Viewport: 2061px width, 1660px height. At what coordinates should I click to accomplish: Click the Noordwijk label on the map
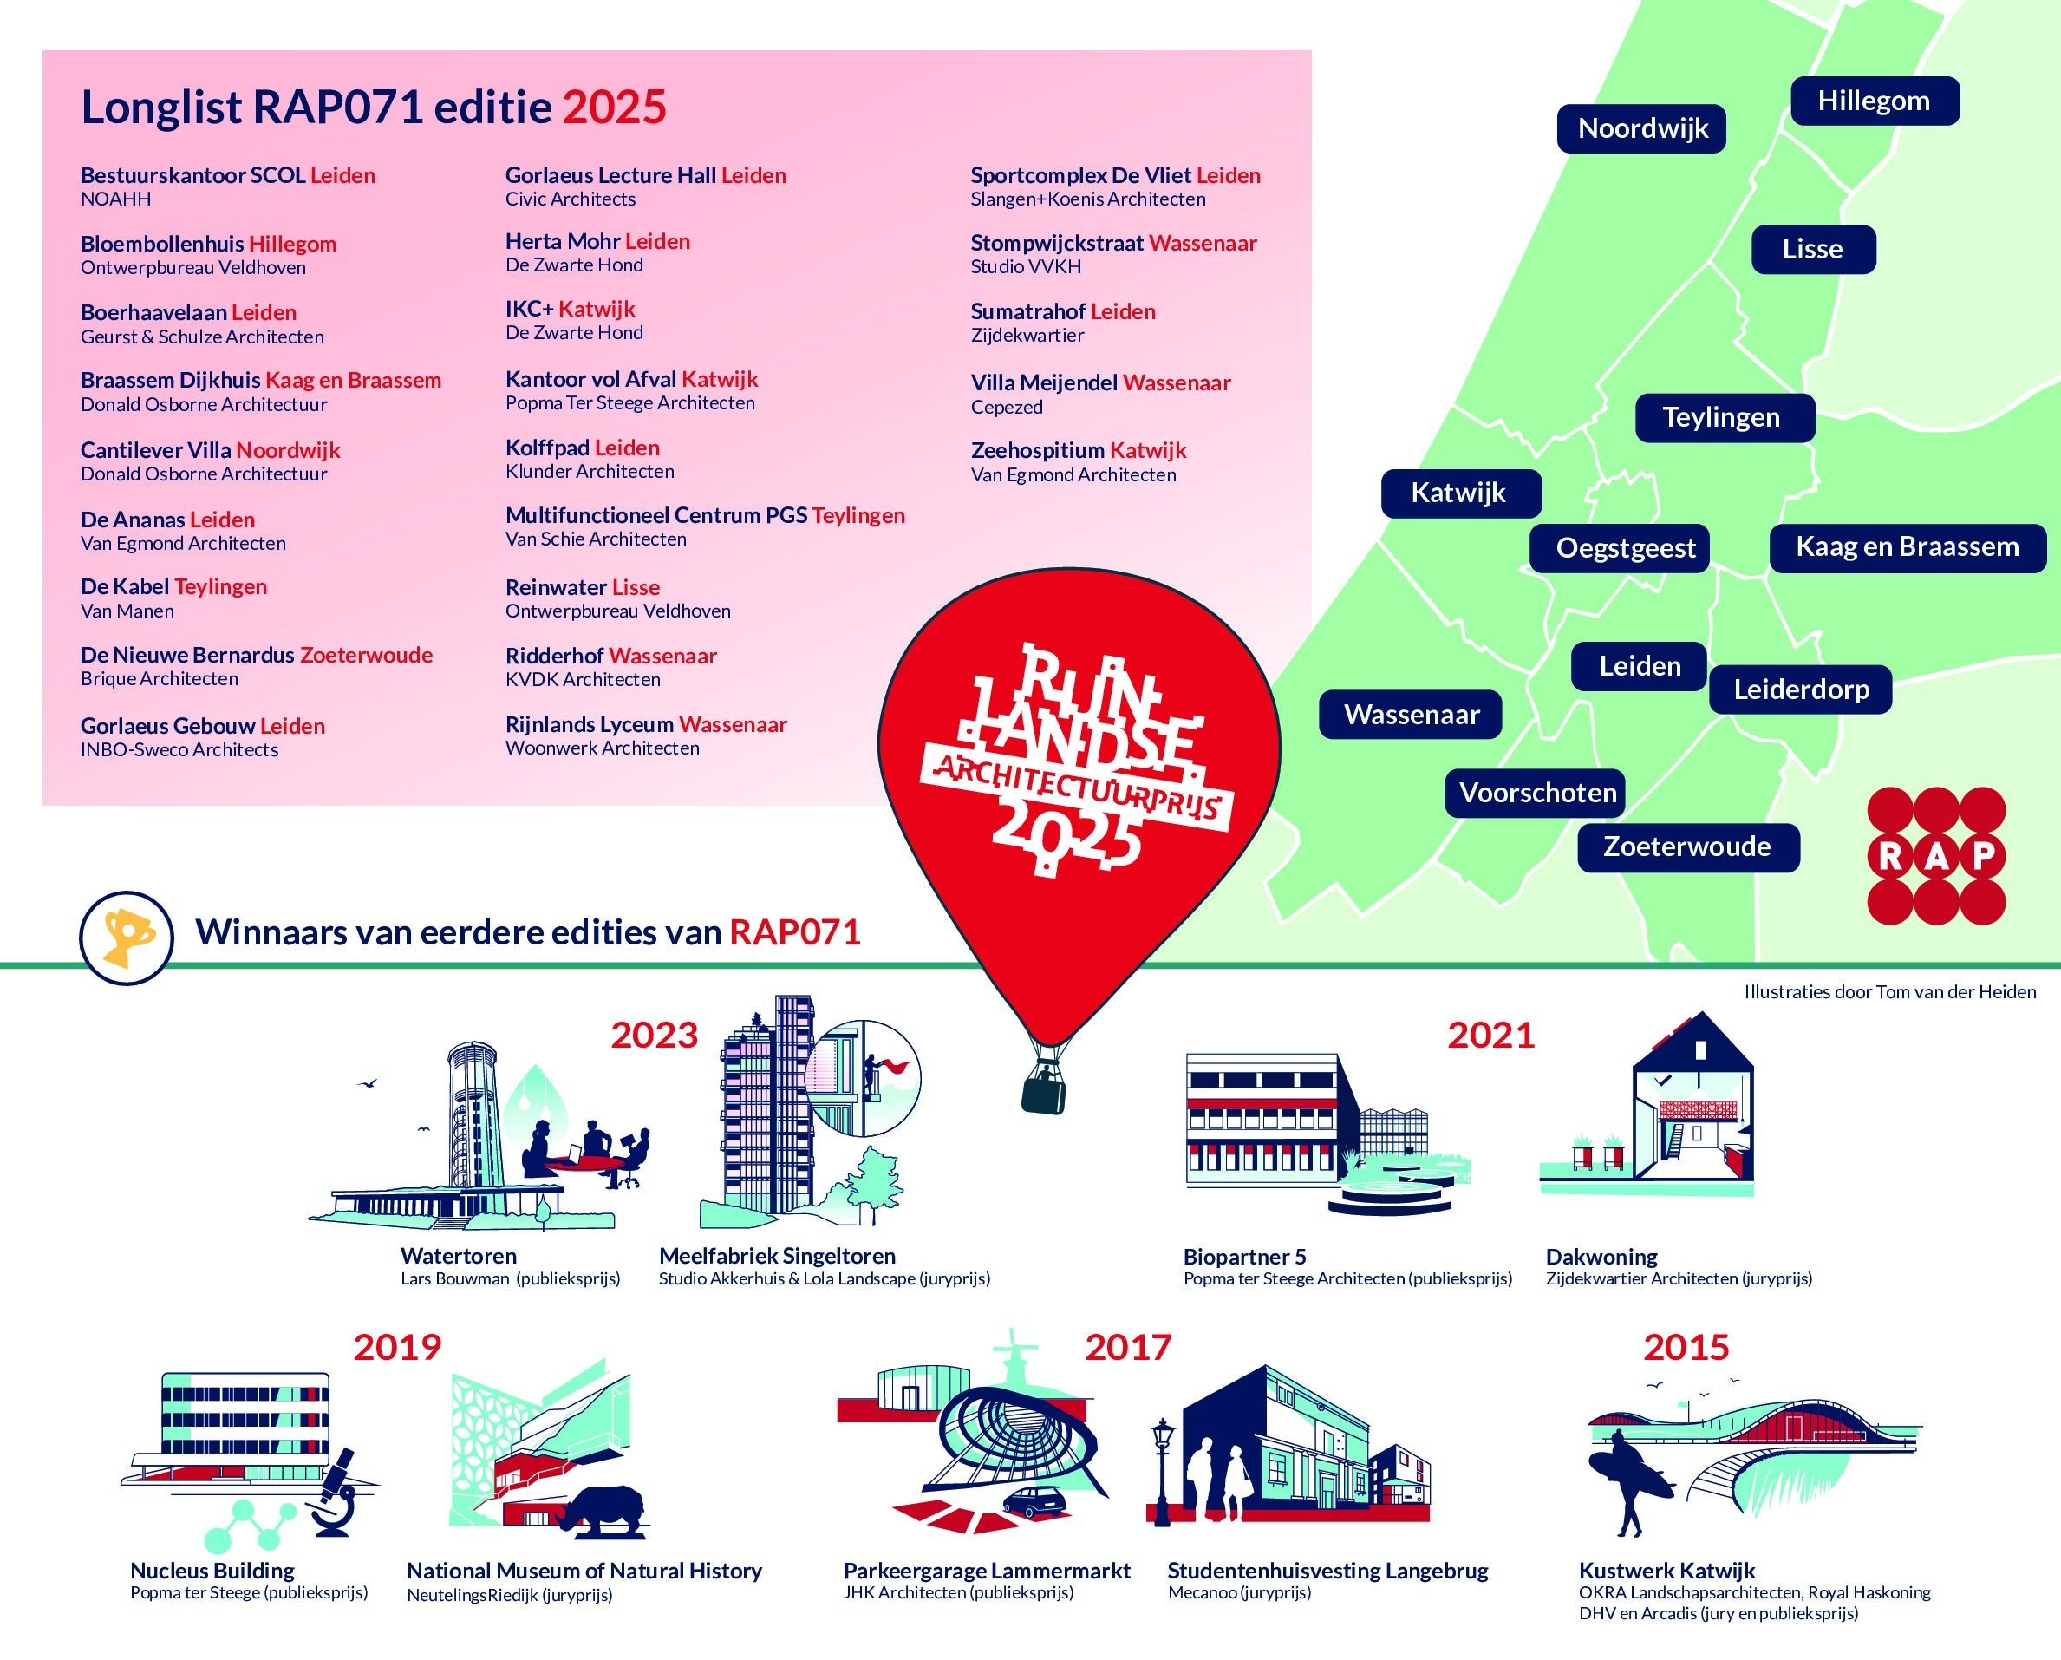tap(1641, 129)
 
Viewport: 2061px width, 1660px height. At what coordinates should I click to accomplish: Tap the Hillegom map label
tap(1875, 101)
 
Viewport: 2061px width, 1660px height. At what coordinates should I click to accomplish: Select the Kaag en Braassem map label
tap(1907, 548)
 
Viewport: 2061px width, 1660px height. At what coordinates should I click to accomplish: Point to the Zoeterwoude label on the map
tap(1688, 847)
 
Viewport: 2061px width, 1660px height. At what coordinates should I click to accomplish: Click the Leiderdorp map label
tap(1801, 689)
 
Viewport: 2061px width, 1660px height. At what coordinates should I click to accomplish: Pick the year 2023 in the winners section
tap(655, 1036)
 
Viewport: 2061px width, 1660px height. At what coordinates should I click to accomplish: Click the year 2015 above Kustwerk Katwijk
tap(1687, 1349)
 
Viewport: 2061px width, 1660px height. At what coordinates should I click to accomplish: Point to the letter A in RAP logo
tap(1937, 857)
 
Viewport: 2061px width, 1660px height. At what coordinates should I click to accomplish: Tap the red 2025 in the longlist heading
tap(614, 107)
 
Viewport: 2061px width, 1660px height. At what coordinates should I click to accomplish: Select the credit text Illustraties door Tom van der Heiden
tap(1890, 992)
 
